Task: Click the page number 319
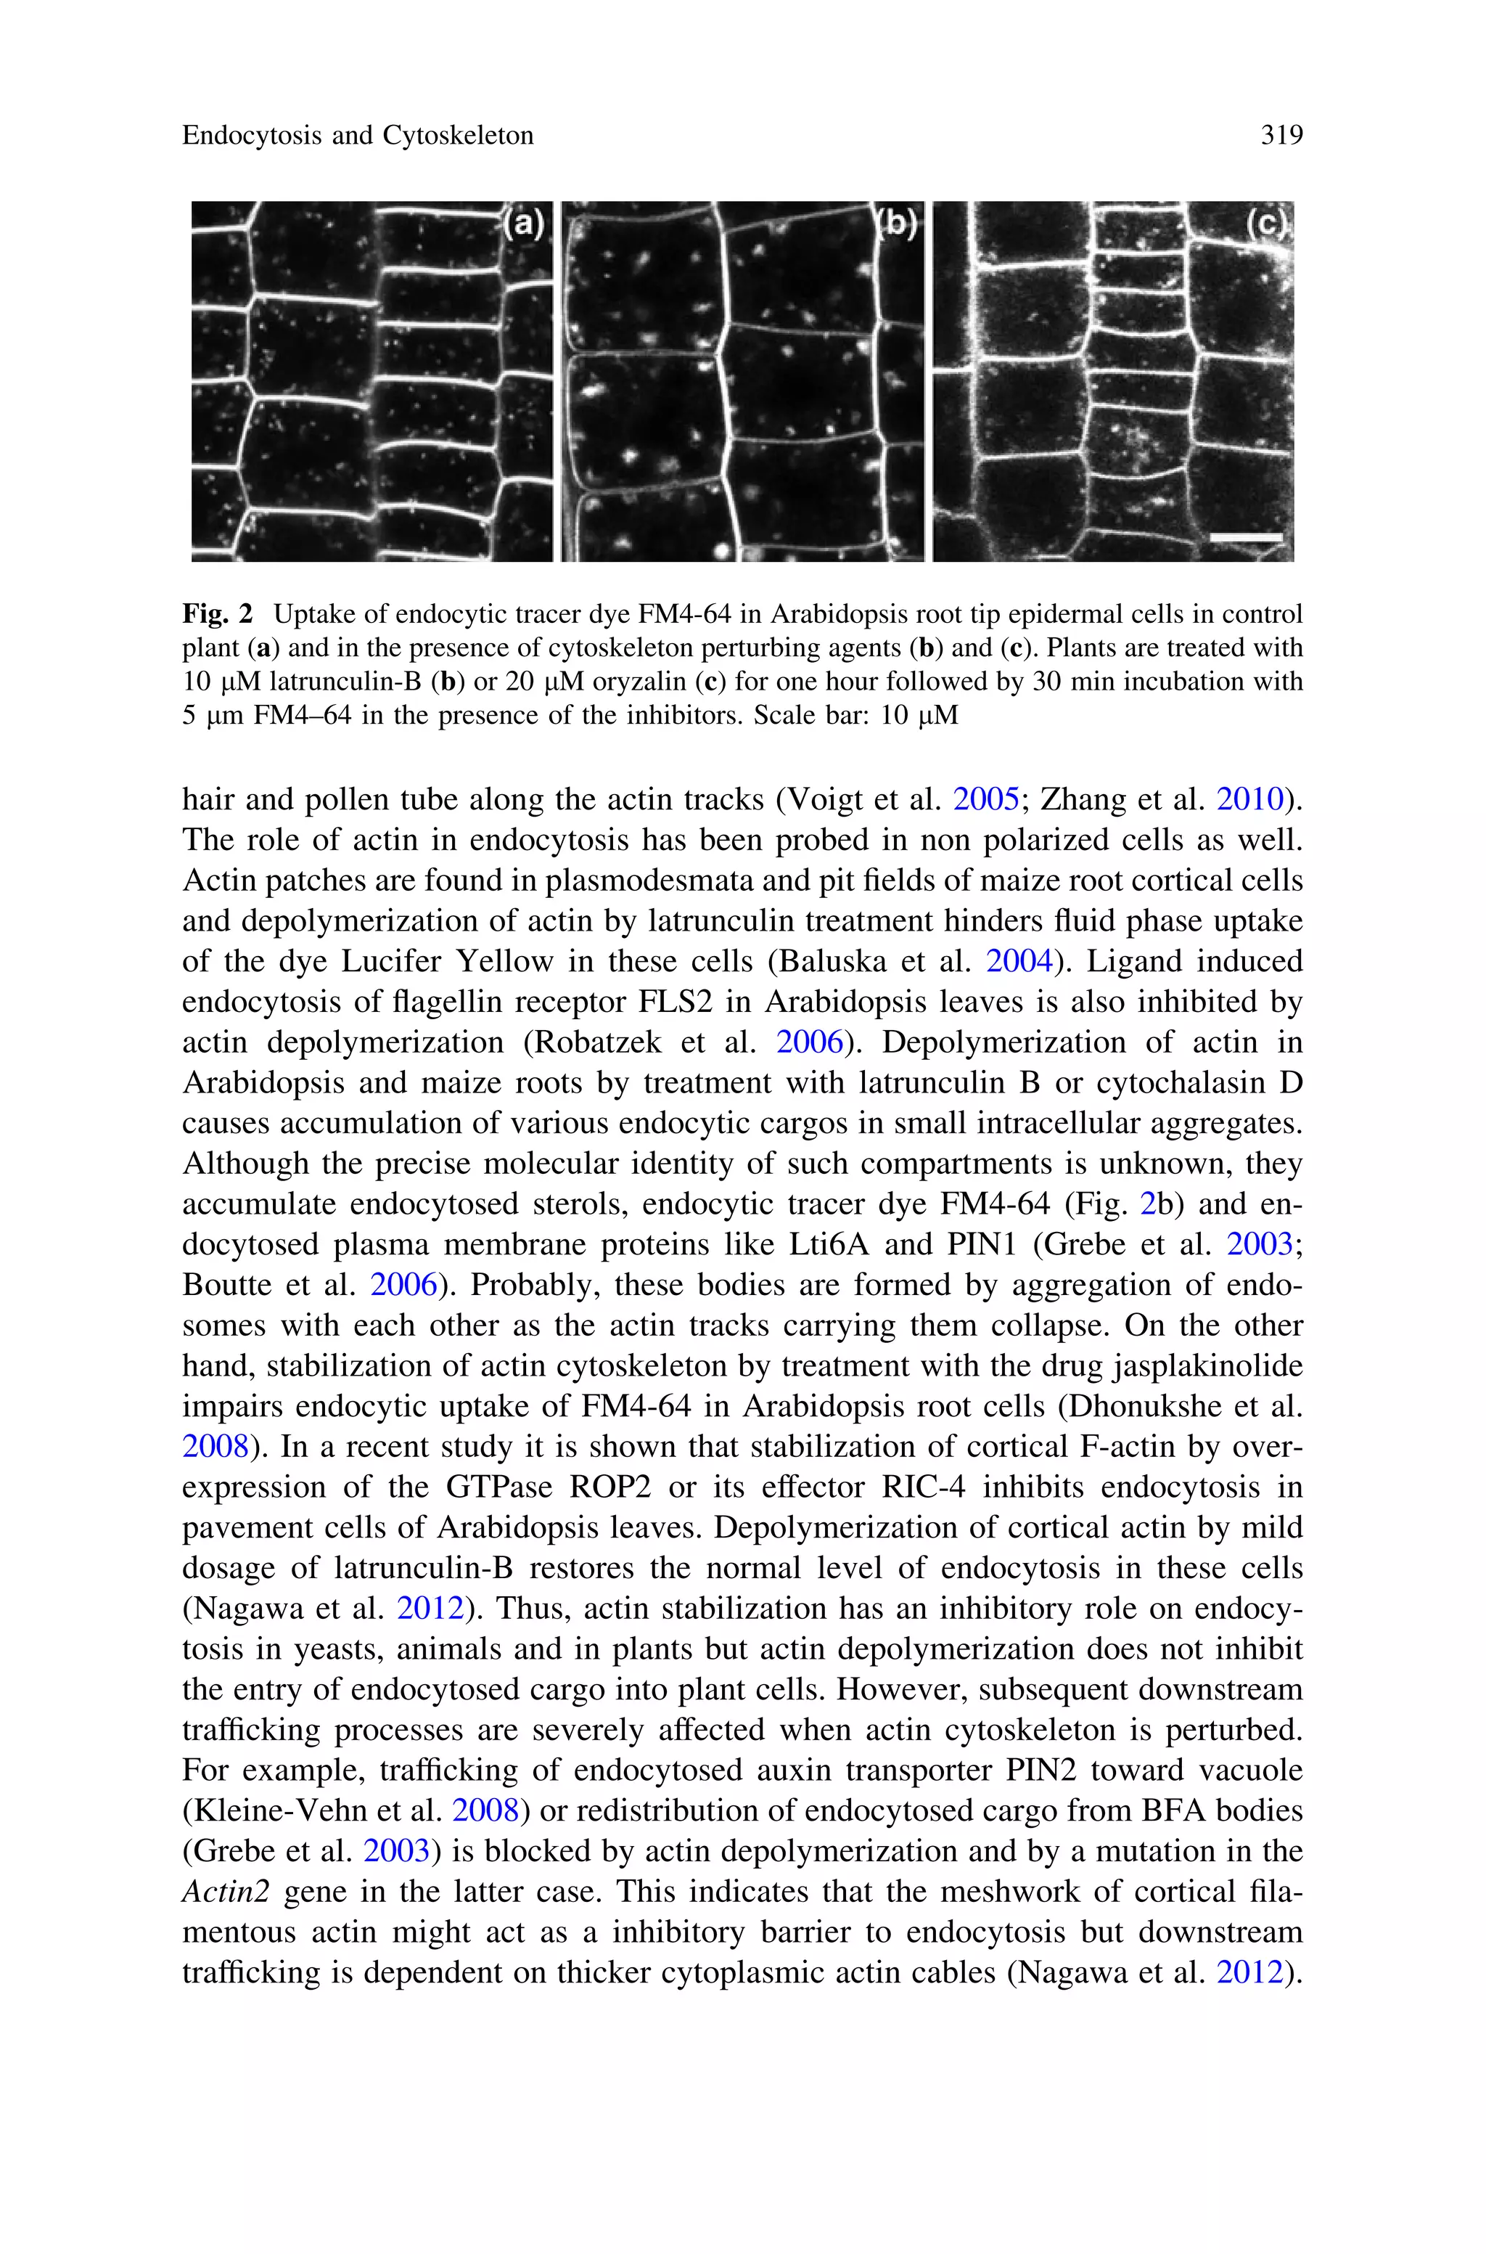click(1281, 136)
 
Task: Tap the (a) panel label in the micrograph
click(523, 224)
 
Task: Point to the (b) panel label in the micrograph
click(897, 224)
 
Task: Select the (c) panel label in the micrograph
click(1266, 224)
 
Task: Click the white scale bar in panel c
click(1245, 536)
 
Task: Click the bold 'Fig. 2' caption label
click(218, 614)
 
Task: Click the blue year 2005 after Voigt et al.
click(985, 800)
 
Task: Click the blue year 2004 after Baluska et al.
click(1019, 961)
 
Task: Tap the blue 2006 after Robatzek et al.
click(809, 1042)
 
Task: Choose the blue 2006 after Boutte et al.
click(403, 1286)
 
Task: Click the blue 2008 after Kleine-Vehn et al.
click(485, 1810)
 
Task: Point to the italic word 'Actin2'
click(226, 1892)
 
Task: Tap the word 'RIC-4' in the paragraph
click(923, 1487)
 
